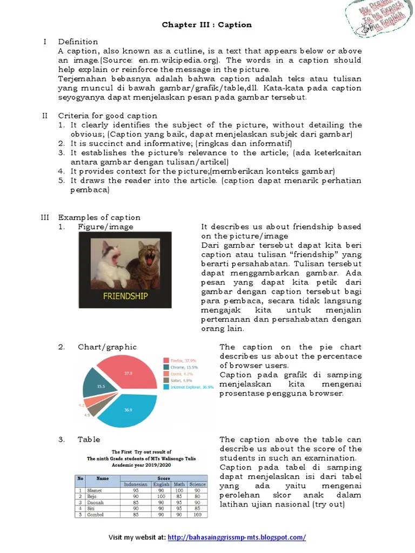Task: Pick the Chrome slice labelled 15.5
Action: [x=98, y=385]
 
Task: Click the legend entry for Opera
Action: [x=180, y=373]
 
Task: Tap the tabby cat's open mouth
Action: [x=147, y=264]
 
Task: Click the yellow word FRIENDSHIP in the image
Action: [x=125, y=296]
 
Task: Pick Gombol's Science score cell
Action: [x=197, y=514]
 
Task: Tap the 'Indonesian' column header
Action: [x=136, y=484]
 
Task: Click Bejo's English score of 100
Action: [x=161, y=496]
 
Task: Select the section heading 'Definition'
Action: [x=78, y=42]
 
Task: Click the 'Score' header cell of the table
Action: [x=163, y=478]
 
